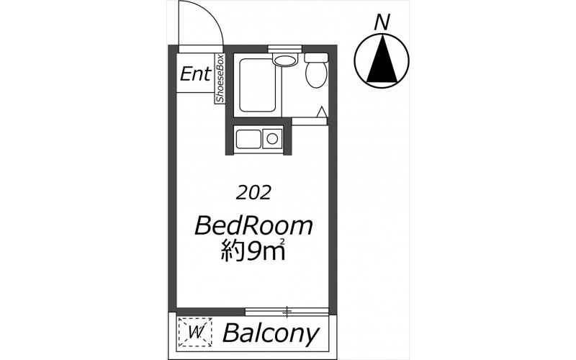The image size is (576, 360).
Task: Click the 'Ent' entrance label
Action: click(x=196, y=74)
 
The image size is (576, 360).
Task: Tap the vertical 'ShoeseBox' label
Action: click(x=220, y=78)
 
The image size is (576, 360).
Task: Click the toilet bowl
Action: click(x=316, y=74)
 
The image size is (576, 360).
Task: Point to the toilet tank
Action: click(x=316, y=58)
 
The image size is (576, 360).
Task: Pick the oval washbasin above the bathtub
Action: click(x=284, y=60)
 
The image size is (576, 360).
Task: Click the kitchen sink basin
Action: click(x=248, y=139)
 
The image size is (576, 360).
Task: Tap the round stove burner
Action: click(x=272, y=139)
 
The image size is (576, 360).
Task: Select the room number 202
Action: click(x=253, y=192)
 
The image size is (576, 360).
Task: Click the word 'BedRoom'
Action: click(x=253, y=225)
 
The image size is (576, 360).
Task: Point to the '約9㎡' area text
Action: click(x=253, y=251)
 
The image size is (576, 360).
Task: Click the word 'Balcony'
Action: click(x=271, y=333)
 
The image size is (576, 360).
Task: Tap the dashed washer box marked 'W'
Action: click(x=194, y=333)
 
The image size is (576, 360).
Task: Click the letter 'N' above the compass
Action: click(x=382, y=22)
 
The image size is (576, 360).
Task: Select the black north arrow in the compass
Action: click(x=382, y=58)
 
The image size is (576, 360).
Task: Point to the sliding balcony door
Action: click(x=287, y=312)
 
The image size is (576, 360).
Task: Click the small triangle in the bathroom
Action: click(x=322, y=112)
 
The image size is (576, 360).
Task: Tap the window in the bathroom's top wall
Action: click(x=284, y=48)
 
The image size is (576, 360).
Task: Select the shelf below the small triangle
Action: click(x=309, y=122)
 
